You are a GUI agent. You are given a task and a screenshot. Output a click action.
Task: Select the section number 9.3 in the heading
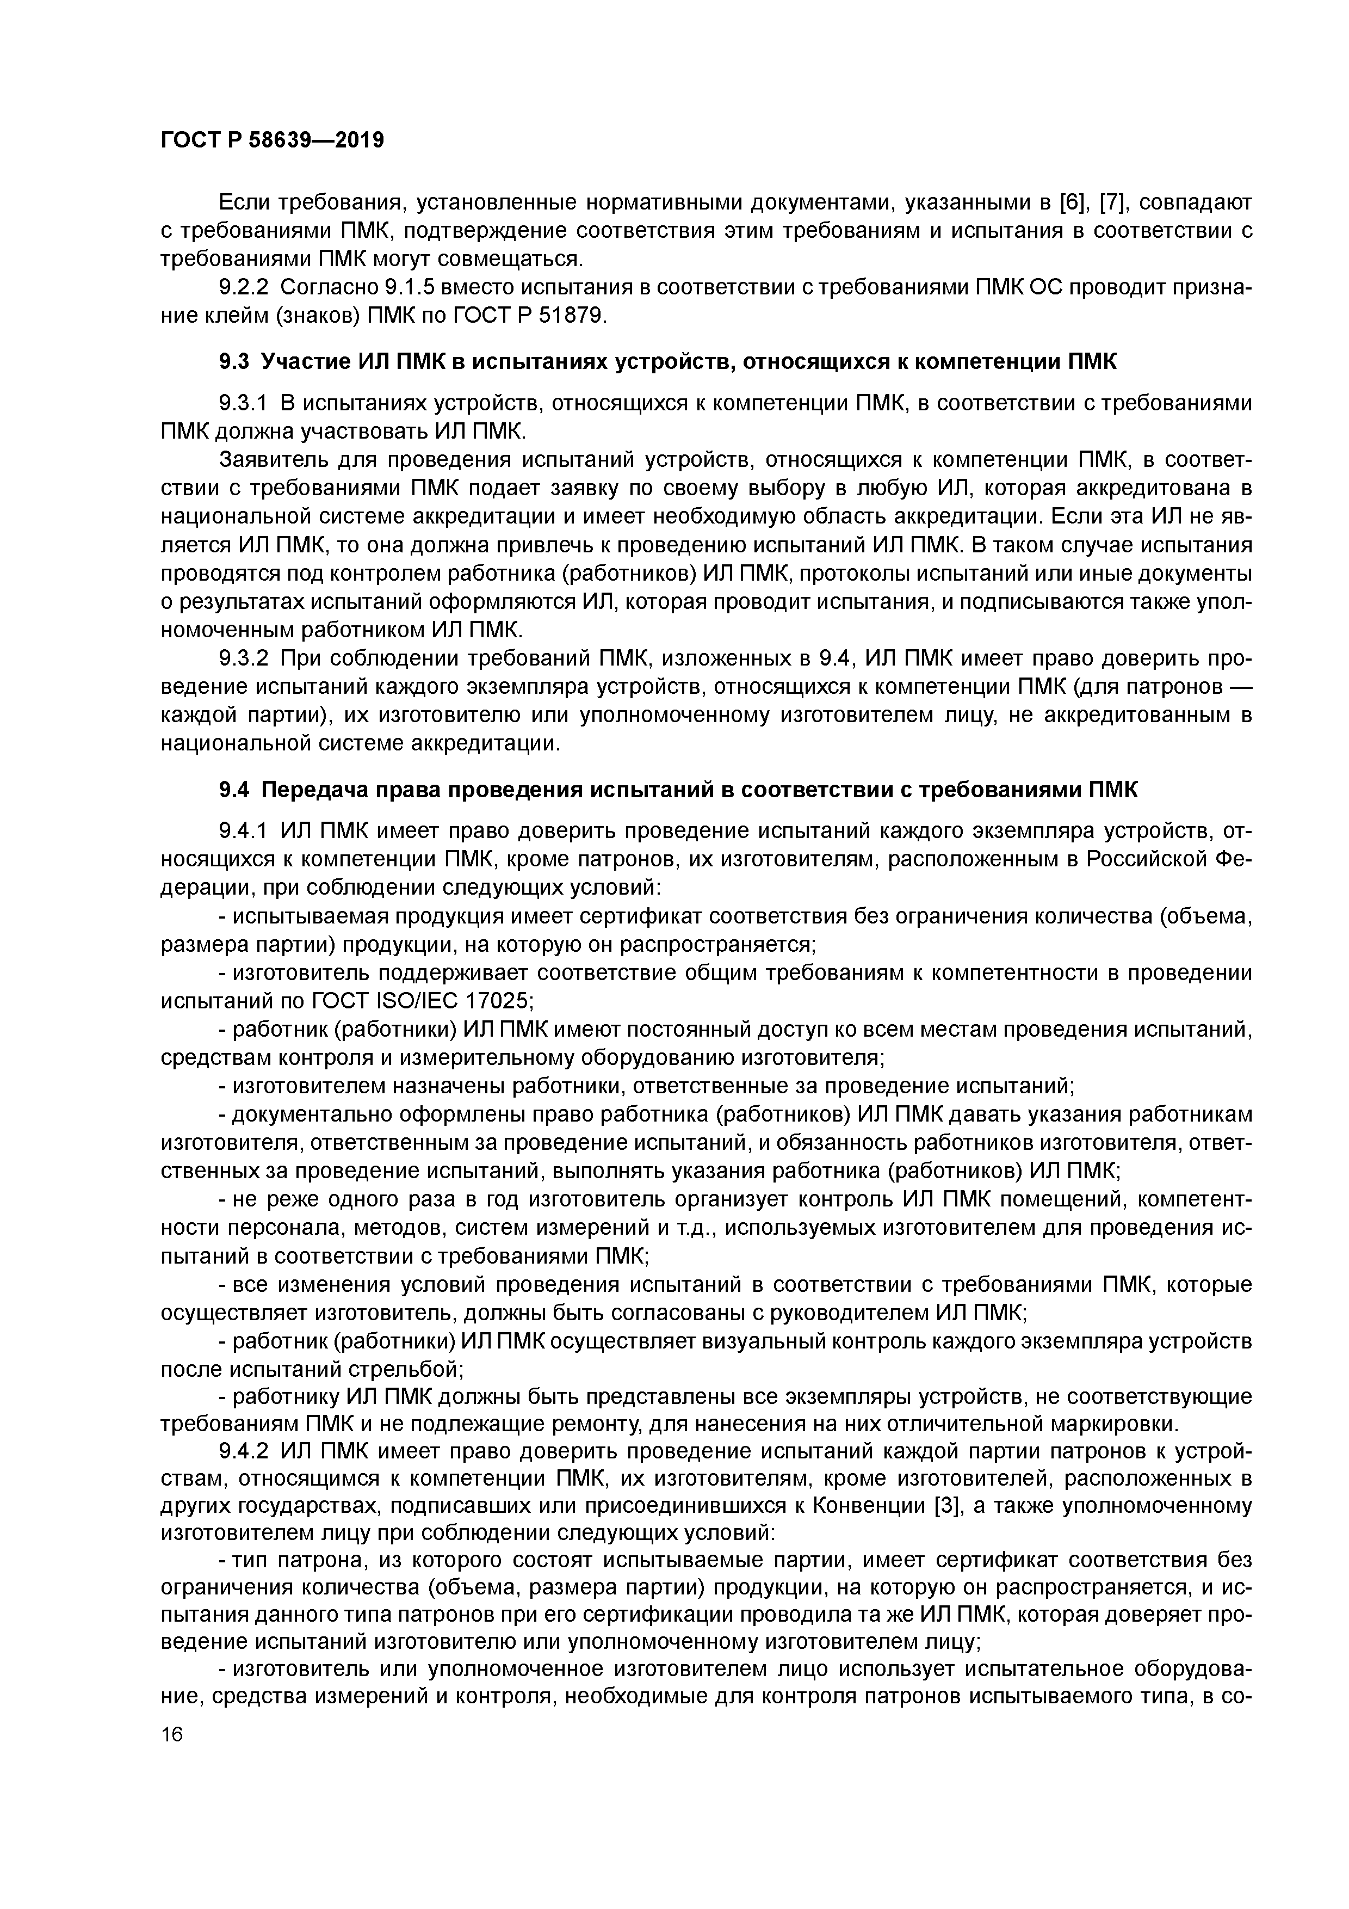tap(233, 362)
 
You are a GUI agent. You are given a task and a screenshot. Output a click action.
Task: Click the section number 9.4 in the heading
tap(233, 789)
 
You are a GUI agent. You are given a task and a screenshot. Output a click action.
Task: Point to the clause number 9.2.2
tap(244, 288)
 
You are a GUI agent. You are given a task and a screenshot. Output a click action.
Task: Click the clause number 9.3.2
tap(244, 658)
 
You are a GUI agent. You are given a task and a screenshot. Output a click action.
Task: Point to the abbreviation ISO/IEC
tap(403, 1001)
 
